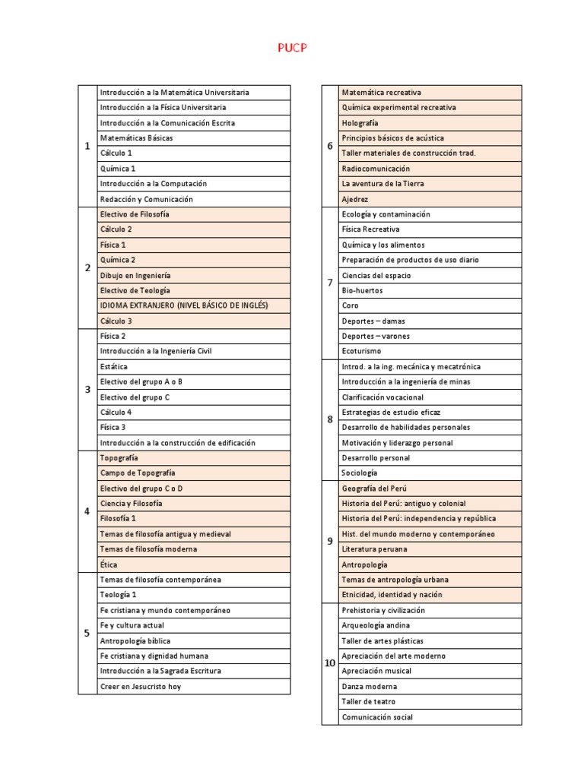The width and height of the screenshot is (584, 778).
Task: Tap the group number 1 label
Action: [x=87, y=146]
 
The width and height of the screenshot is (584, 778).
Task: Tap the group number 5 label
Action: [x=87, y=633]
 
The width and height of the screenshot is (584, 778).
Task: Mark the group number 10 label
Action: [x=330, y=663]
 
